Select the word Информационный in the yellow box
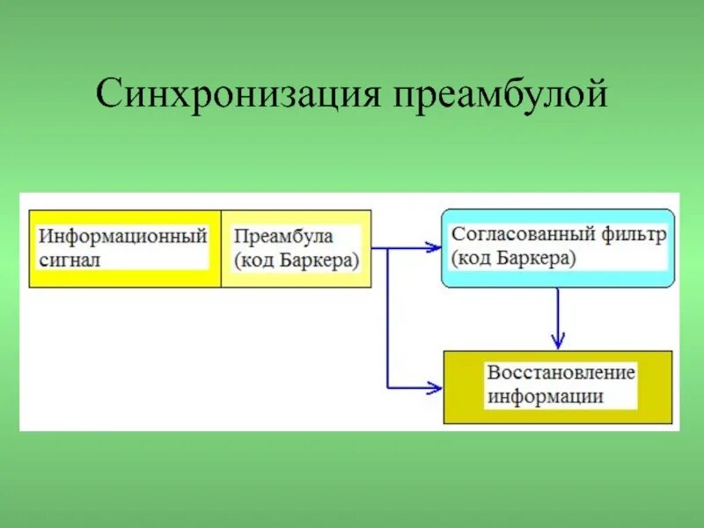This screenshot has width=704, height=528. [123, 237]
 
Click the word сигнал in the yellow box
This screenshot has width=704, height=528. [70, 260]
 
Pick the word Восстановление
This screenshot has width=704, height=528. [561, 372]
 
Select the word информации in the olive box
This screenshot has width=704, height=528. [546, 395]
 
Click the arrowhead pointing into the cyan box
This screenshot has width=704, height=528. [433, 248]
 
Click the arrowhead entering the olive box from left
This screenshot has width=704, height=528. [434, 387]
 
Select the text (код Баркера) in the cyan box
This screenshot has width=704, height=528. [514, 259]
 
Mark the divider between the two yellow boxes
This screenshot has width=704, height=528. [221, 248]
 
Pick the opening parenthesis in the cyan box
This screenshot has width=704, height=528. [454, 260]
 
